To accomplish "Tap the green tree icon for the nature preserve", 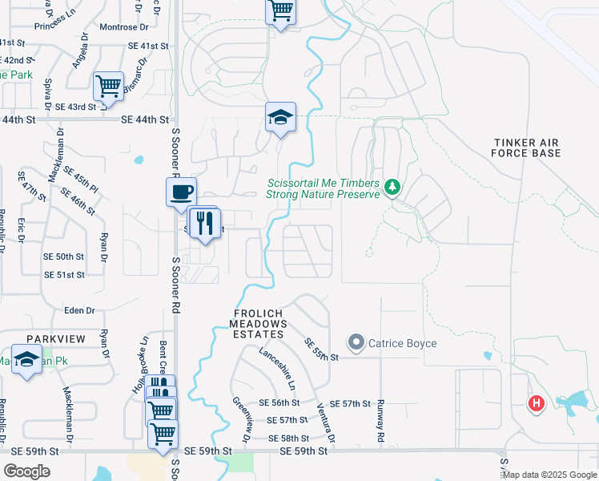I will tap(392, 187).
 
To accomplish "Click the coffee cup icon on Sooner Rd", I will tap(180, 192).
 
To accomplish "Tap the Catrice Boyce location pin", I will tap(356, 343).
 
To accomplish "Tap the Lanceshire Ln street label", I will tap(278, 364).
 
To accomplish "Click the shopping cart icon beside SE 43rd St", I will tap(107, 85).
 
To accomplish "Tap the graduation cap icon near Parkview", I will tap(26, 361).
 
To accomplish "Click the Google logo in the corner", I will tap(26, 471).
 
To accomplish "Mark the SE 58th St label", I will tap(289, 438).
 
